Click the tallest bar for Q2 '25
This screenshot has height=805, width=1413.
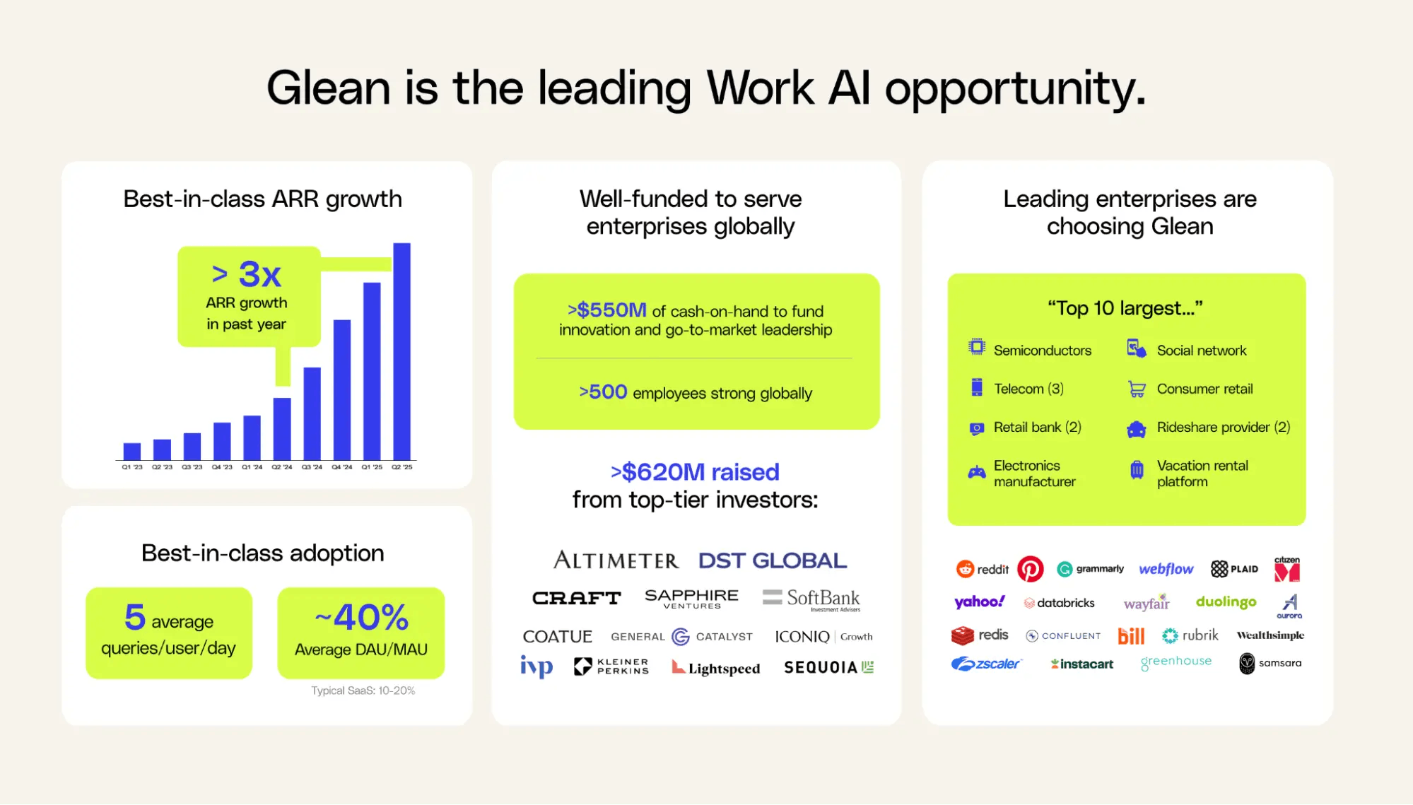[401, 351]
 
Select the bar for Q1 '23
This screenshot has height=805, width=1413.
[132, 452]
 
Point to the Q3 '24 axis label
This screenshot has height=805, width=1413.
[312, 467]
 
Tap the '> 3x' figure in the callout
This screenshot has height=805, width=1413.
[247, 274]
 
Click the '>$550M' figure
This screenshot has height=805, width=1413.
[607, 310]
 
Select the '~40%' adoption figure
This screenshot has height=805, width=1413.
[362, 617]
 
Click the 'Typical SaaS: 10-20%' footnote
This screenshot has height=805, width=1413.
[363, 691]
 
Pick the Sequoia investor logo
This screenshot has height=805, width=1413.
[829, 667]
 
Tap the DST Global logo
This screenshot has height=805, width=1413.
[773, 560]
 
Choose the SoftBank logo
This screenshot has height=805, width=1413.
[811, 599]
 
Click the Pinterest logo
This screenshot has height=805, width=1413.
[1031, 569]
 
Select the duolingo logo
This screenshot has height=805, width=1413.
[1226, 602]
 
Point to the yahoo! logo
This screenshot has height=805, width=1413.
[980, 601]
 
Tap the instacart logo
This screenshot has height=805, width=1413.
[1082, 664]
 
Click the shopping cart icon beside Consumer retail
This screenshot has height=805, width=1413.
[1137, 389]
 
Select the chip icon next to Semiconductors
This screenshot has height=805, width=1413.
[977, 347]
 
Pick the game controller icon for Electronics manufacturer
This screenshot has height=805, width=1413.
[977, 472]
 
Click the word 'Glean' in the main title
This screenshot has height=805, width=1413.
[329, 88]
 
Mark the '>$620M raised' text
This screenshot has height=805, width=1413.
[695, 471]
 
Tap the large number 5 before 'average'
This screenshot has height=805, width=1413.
[135, 617]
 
